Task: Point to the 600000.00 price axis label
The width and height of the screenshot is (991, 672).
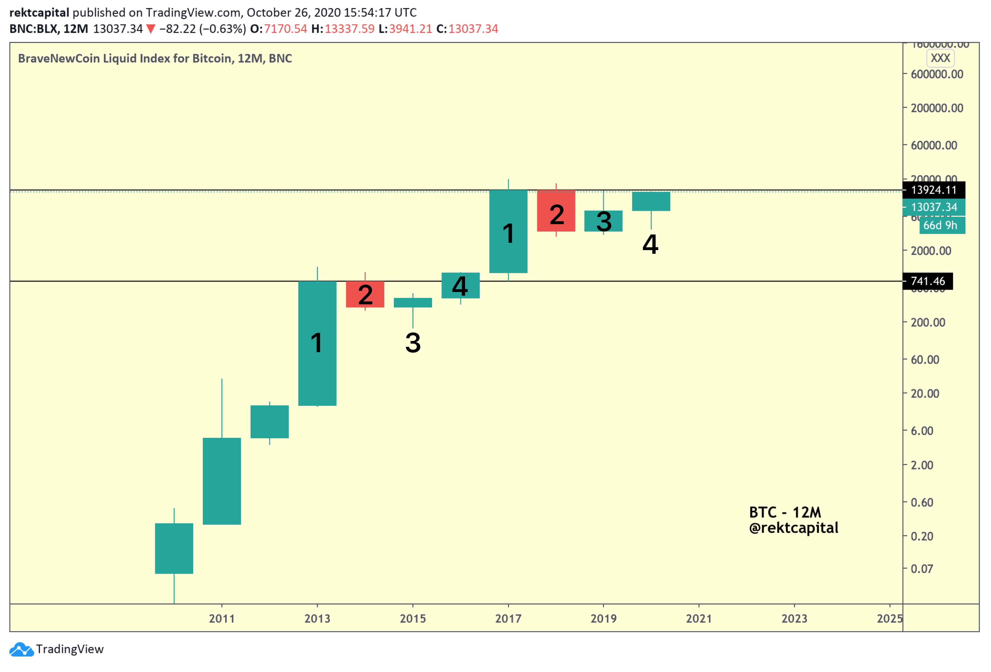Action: [937, 74]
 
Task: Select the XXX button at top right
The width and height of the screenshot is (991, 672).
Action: [940, 58]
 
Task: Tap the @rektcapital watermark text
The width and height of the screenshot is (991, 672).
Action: [793, 528]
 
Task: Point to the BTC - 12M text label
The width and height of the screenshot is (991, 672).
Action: [785, 512]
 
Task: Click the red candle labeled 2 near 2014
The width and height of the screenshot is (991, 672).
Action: [365, 294]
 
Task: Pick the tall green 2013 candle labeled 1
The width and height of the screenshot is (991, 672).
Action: [317, 343]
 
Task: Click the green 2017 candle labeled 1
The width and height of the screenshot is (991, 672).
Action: [508, 231]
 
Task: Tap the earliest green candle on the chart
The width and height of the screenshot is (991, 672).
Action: [174, 549]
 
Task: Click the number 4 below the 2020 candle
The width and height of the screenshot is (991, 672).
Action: [650, 245]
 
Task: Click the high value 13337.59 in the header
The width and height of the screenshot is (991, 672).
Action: [349, 29]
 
